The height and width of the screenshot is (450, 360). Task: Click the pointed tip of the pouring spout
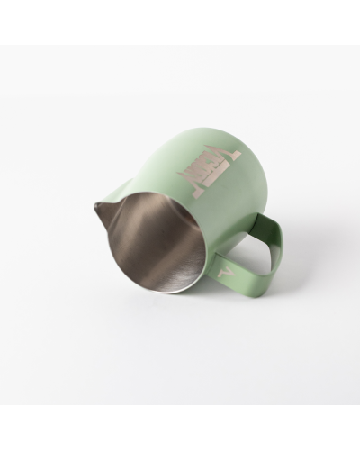coord(96,209)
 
